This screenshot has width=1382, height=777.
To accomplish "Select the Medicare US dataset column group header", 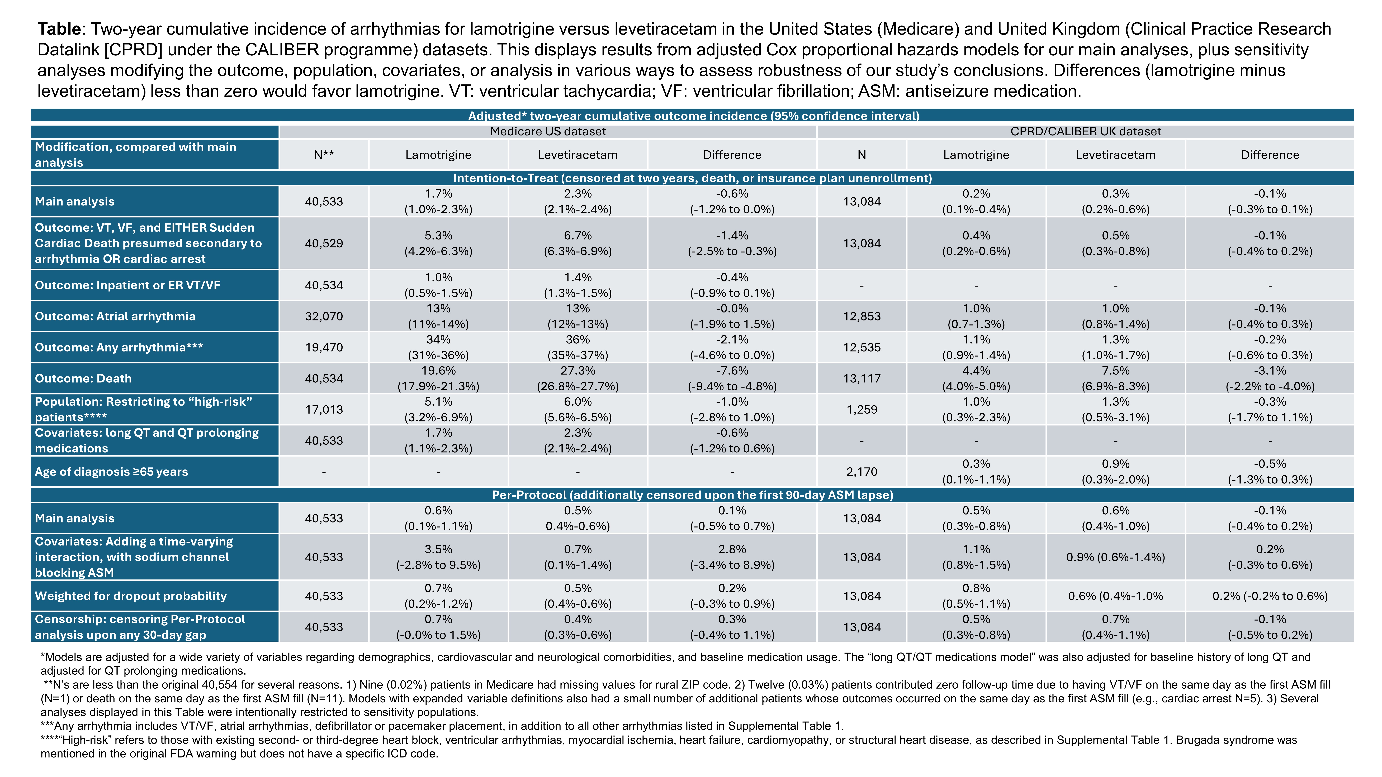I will [548, 131].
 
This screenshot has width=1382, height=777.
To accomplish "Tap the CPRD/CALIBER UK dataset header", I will [1085, 131].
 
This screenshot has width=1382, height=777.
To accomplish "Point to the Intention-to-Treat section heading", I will [692, 178].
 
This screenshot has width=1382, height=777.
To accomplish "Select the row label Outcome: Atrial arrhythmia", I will [115, 316].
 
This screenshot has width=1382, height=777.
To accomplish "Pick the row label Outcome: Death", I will [83, 379].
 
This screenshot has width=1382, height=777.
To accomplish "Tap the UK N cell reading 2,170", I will [862, 472].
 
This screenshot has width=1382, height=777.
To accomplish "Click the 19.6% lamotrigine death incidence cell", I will [438, 379].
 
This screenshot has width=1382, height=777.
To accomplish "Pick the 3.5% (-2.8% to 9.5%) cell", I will [438, 557].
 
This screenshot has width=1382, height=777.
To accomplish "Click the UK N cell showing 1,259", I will [862, 410].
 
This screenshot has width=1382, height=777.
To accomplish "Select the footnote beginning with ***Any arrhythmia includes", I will [442, 727].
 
